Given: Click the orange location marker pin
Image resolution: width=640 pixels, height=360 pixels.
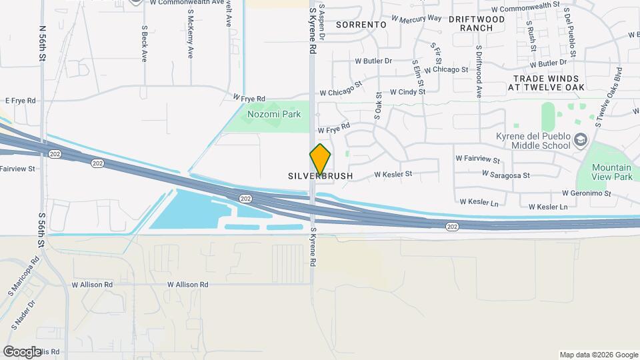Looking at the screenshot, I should pyautogui.click(x=320, y=159).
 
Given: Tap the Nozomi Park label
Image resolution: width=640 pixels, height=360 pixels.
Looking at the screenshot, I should pyautogui.click(x=274, y=114).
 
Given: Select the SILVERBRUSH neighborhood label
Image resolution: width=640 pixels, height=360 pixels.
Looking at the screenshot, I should pyautogui.click(x=320, y=176).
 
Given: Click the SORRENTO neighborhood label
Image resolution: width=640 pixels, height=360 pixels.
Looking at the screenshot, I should pyautogui.click(x=361, y=24).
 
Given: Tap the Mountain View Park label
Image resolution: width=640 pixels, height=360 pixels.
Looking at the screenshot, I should pyautogui.click(x=613, y=173).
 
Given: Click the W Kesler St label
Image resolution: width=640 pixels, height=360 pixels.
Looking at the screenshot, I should pyautogui.click(x=393, y=174).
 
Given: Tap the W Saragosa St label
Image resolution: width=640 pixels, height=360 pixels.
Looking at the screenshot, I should pyautogui.click(x=507, y=175).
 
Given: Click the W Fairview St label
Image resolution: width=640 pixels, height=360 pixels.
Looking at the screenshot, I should pyautogui.click(x=477, y=159).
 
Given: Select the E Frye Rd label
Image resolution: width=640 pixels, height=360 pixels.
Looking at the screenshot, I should pyautogui.click(x=20, y=100).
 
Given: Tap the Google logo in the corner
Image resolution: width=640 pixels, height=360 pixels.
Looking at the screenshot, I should pyautogui.click(x=21, y=351).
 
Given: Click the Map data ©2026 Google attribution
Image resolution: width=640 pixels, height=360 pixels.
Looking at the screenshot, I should pyautogui.click(x=597, y=355).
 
